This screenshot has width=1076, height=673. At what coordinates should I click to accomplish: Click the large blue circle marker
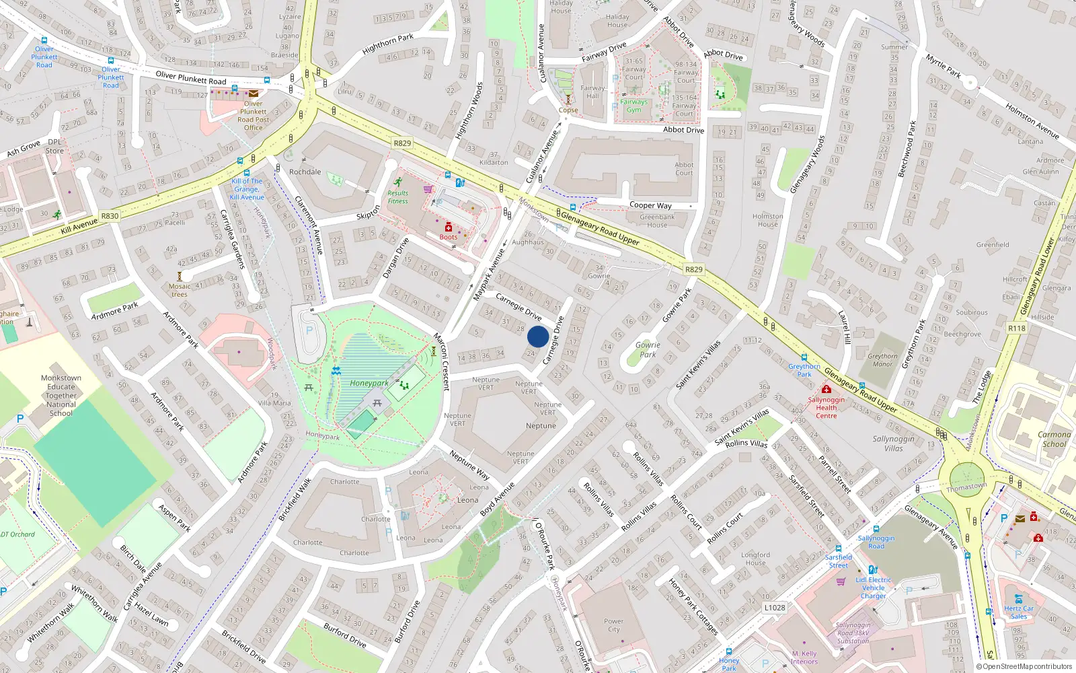click(538, 336)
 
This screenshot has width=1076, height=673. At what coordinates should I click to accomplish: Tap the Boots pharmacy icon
click(449, 227)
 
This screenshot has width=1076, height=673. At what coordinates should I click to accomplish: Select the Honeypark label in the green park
click(369, 383)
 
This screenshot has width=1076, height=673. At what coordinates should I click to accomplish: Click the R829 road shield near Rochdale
click(402, 143)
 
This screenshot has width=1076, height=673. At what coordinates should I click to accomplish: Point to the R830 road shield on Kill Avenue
click(110, 216)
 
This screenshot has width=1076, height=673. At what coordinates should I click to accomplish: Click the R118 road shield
click(1017, 328)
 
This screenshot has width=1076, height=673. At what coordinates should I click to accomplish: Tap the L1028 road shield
click(775, 607)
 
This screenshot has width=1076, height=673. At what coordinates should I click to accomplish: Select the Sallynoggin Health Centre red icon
click(826, 389)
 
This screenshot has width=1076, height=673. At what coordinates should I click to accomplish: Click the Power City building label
click(613, 625)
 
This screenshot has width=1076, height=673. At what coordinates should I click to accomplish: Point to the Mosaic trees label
click(180, 290)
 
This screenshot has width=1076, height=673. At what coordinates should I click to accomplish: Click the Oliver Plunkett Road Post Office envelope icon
click(254, 94)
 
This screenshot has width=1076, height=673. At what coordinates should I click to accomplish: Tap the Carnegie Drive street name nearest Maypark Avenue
click(518, 306)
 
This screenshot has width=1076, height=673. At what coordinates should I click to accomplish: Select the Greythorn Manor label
click(882, 360)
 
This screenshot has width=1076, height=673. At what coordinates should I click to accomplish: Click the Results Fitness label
click(397, 197)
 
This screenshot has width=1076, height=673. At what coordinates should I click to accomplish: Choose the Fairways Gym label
click(633, 106)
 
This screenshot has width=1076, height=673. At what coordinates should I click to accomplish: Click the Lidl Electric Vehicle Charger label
click(873, 588)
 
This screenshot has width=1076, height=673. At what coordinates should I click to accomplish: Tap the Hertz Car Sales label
click(1019, 612)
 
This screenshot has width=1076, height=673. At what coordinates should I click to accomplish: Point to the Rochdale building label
click(305, 172)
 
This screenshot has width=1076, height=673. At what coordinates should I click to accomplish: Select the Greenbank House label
click(657, 221)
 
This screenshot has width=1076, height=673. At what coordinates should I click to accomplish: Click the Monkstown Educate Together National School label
click(61, 396)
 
